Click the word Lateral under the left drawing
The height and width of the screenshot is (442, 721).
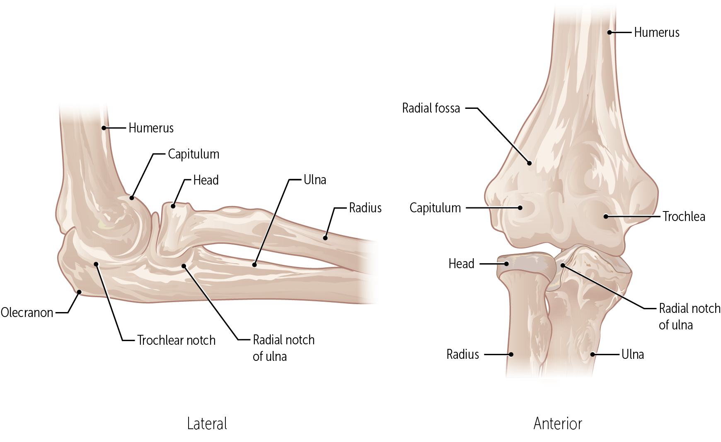tap(207, 424)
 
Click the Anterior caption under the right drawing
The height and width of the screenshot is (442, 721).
tap(558, 424)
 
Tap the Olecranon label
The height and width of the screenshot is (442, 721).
tap(27, 312)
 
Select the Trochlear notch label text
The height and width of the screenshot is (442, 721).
tap(176, 340)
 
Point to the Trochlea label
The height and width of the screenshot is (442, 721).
tap(684, 216)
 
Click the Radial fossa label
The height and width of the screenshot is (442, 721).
tap(431, 108)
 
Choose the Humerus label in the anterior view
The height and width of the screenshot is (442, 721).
tap(657, 33)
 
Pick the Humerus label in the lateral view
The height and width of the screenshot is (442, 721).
tap(151, 128)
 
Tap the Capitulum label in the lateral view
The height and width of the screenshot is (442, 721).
tap(194, 154)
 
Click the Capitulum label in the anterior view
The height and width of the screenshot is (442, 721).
tap(435, 208)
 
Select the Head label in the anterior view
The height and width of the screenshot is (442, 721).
tap(461, 264)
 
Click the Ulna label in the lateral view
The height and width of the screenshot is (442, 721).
tap(315, 180)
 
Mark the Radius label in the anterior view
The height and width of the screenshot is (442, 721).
tap(462, 354)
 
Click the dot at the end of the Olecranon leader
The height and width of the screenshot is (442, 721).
tap(79, 292)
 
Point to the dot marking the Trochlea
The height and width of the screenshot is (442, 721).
tap(606, 216)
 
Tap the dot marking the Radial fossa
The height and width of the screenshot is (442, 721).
tap(529, 163)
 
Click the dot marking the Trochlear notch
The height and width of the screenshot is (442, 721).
tap(96, 264)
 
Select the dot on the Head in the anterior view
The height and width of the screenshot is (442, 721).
tap(506, 264)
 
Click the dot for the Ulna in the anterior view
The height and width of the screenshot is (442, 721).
tap(593, 354)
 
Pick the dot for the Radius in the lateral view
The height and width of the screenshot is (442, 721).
tap(325, 238)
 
